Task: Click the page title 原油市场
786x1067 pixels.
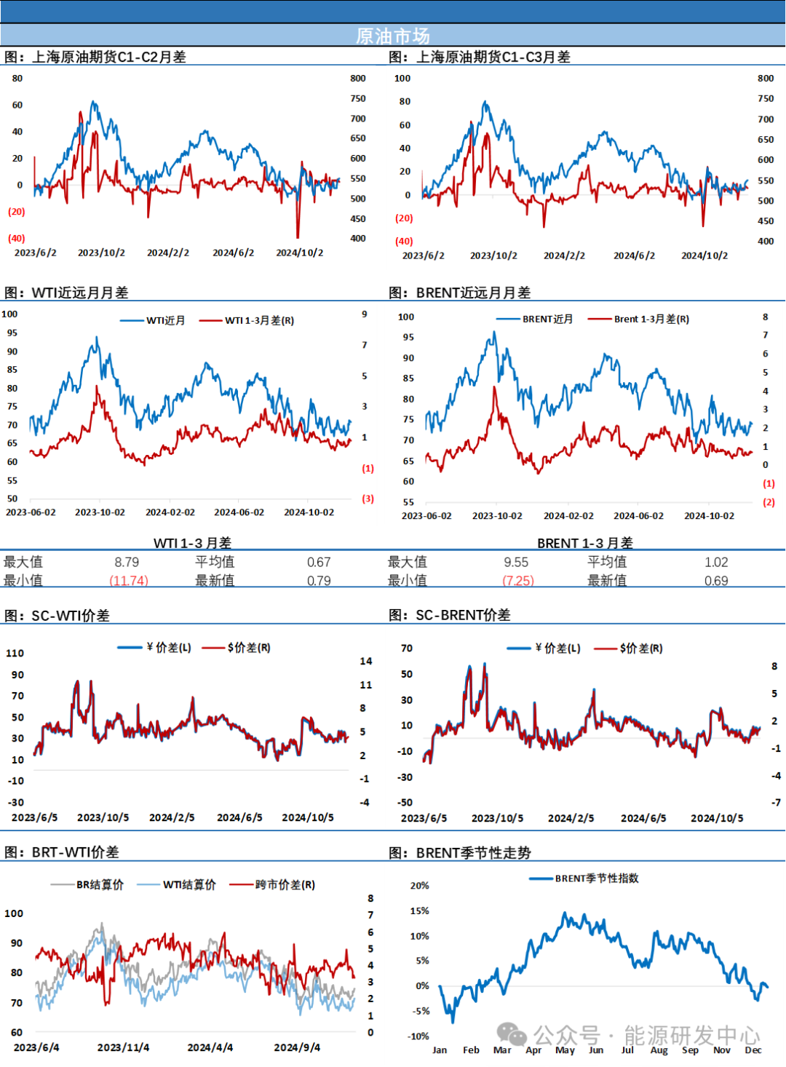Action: coord(392,36)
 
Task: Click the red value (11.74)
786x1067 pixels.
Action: coord(129,580)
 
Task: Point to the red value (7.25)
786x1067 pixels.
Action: coord(519,580)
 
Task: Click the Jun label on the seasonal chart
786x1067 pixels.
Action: coord(596,1050)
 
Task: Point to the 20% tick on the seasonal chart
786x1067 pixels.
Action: coord(420,886)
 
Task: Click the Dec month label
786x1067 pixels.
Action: coord(753,1050)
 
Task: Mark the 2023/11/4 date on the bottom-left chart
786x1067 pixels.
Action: coord(123,1047)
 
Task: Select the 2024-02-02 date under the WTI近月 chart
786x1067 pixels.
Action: coord(170,512)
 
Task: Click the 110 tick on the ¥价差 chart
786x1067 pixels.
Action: coord(15,653)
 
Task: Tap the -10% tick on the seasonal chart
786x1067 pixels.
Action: coord(418,1036)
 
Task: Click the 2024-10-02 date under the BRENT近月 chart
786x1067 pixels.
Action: coord(709,516)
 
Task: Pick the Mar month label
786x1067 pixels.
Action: coord(502,1050)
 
